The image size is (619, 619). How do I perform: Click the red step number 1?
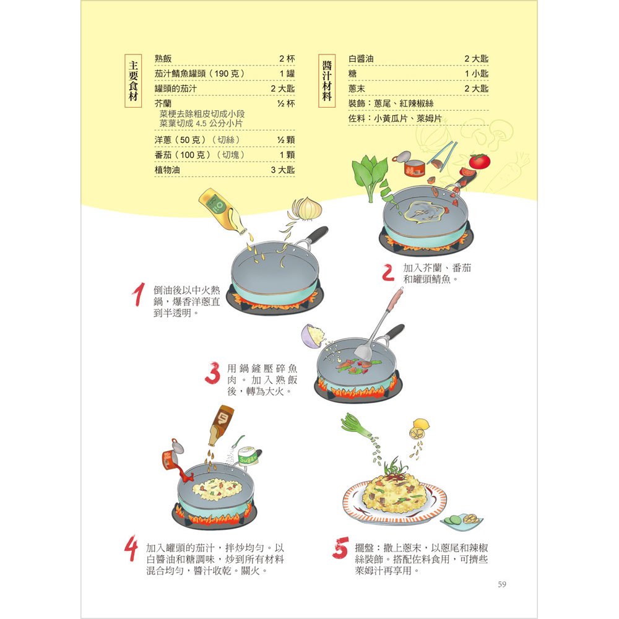[x=141, y=295]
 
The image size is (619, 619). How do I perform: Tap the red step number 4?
[x=131, y=550]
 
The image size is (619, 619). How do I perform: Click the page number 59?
[x=502, y=584]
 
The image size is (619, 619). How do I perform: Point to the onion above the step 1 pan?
[x=305, y=209]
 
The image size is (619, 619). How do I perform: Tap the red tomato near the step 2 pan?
[x=479, y=160]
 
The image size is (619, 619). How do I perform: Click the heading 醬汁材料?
[x=327, y=81]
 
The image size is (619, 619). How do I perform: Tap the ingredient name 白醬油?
[x=361, y=59]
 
